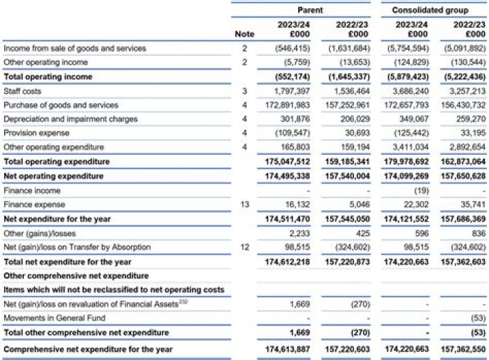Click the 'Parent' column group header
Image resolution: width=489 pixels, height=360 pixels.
coord(310,10)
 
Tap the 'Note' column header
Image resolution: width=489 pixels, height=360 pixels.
coord(244,34)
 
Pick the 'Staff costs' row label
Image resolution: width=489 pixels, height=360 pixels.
coord(22,91)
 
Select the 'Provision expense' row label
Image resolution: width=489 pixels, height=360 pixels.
coord(32,133)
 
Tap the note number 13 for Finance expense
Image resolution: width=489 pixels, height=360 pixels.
coord(244,204)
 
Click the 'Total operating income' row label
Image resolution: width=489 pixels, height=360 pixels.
coord(48,77)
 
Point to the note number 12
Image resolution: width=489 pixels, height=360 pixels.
coord(244,247)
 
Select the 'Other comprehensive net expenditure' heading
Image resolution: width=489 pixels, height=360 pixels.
coord(76,276)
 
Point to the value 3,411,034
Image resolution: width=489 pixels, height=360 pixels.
coord(412,147)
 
